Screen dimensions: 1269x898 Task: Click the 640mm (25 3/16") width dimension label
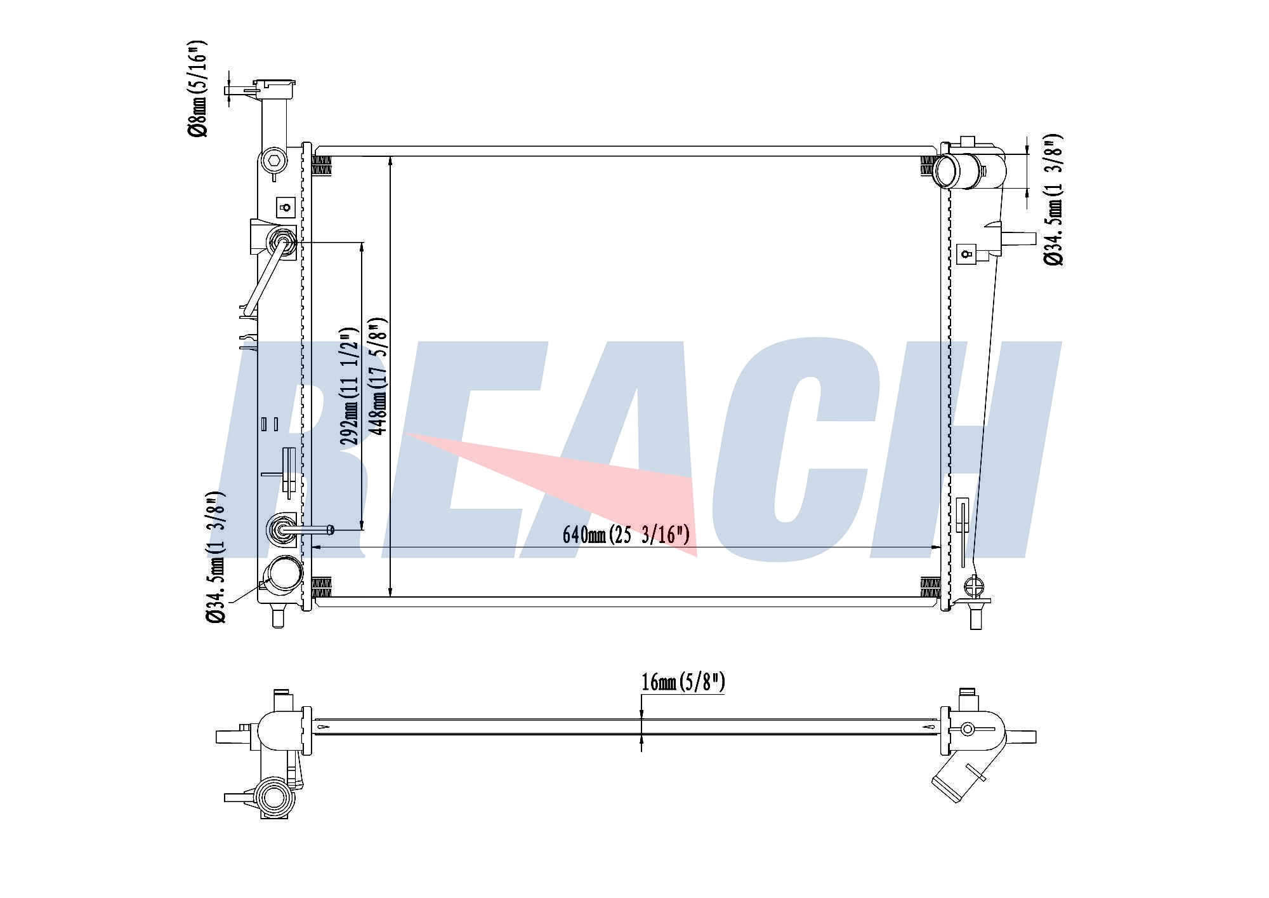tap(626, 535)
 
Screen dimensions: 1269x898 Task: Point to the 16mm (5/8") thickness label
tap(683, 683)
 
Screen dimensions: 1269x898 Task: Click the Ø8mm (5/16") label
tap(197, 88)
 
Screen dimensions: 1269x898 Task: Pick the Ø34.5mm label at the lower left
tap(215, 557)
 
